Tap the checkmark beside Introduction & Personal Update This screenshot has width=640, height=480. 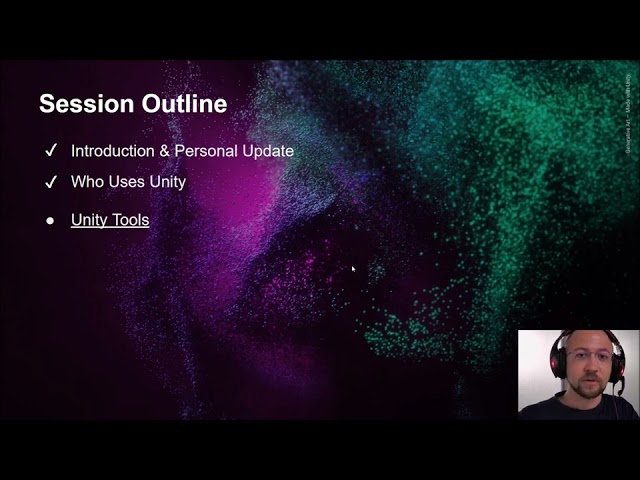tap(51, 151)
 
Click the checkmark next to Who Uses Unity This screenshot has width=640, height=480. tap(51, 183)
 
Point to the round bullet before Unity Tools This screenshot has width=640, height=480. tap(50, 220)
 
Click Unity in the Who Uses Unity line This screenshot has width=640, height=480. tap(167, 183)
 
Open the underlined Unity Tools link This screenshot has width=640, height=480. tap(110, 220)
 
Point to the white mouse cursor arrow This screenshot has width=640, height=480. tap(353, 268)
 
